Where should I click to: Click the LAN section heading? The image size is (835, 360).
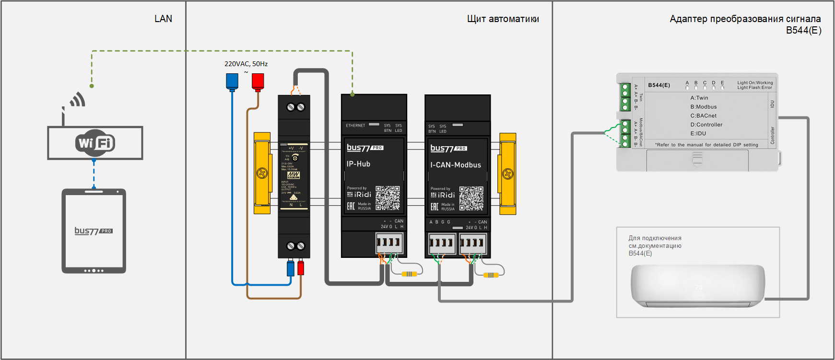(163, 19)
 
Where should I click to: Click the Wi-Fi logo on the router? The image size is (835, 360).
(95, 143)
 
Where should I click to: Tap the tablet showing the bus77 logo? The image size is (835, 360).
(94, 231)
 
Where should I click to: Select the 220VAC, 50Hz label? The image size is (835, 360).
(246, 64)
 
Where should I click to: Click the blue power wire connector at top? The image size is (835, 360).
(232, 81)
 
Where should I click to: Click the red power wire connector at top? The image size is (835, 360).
(258, 81)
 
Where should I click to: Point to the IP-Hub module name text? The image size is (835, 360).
(358, 164)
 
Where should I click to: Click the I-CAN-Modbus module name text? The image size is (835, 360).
(455, 165)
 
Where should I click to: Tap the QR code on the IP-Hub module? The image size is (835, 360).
(388, 198)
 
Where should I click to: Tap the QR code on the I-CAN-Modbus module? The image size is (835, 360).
(471, 198)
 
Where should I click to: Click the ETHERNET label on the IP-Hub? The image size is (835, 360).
(355, 126)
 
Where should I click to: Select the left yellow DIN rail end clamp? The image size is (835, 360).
(262, 173)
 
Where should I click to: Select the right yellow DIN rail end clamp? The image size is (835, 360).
(507, 173)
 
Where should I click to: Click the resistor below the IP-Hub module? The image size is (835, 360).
(409, 274)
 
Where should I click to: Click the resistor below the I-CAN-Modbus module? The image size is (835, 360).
(491, 275)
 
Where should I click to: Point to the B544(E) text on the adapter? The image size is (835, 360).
(659, 85)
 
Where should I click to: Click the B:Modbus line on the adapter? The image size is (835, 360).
(703, 107)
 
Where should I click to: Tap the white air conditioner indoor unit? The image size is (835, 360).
(697, 286)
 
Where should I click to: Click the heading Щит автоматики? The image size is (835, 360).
(503, 19)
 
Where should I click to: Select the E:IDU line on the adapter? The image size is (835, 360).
(698, 134)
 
